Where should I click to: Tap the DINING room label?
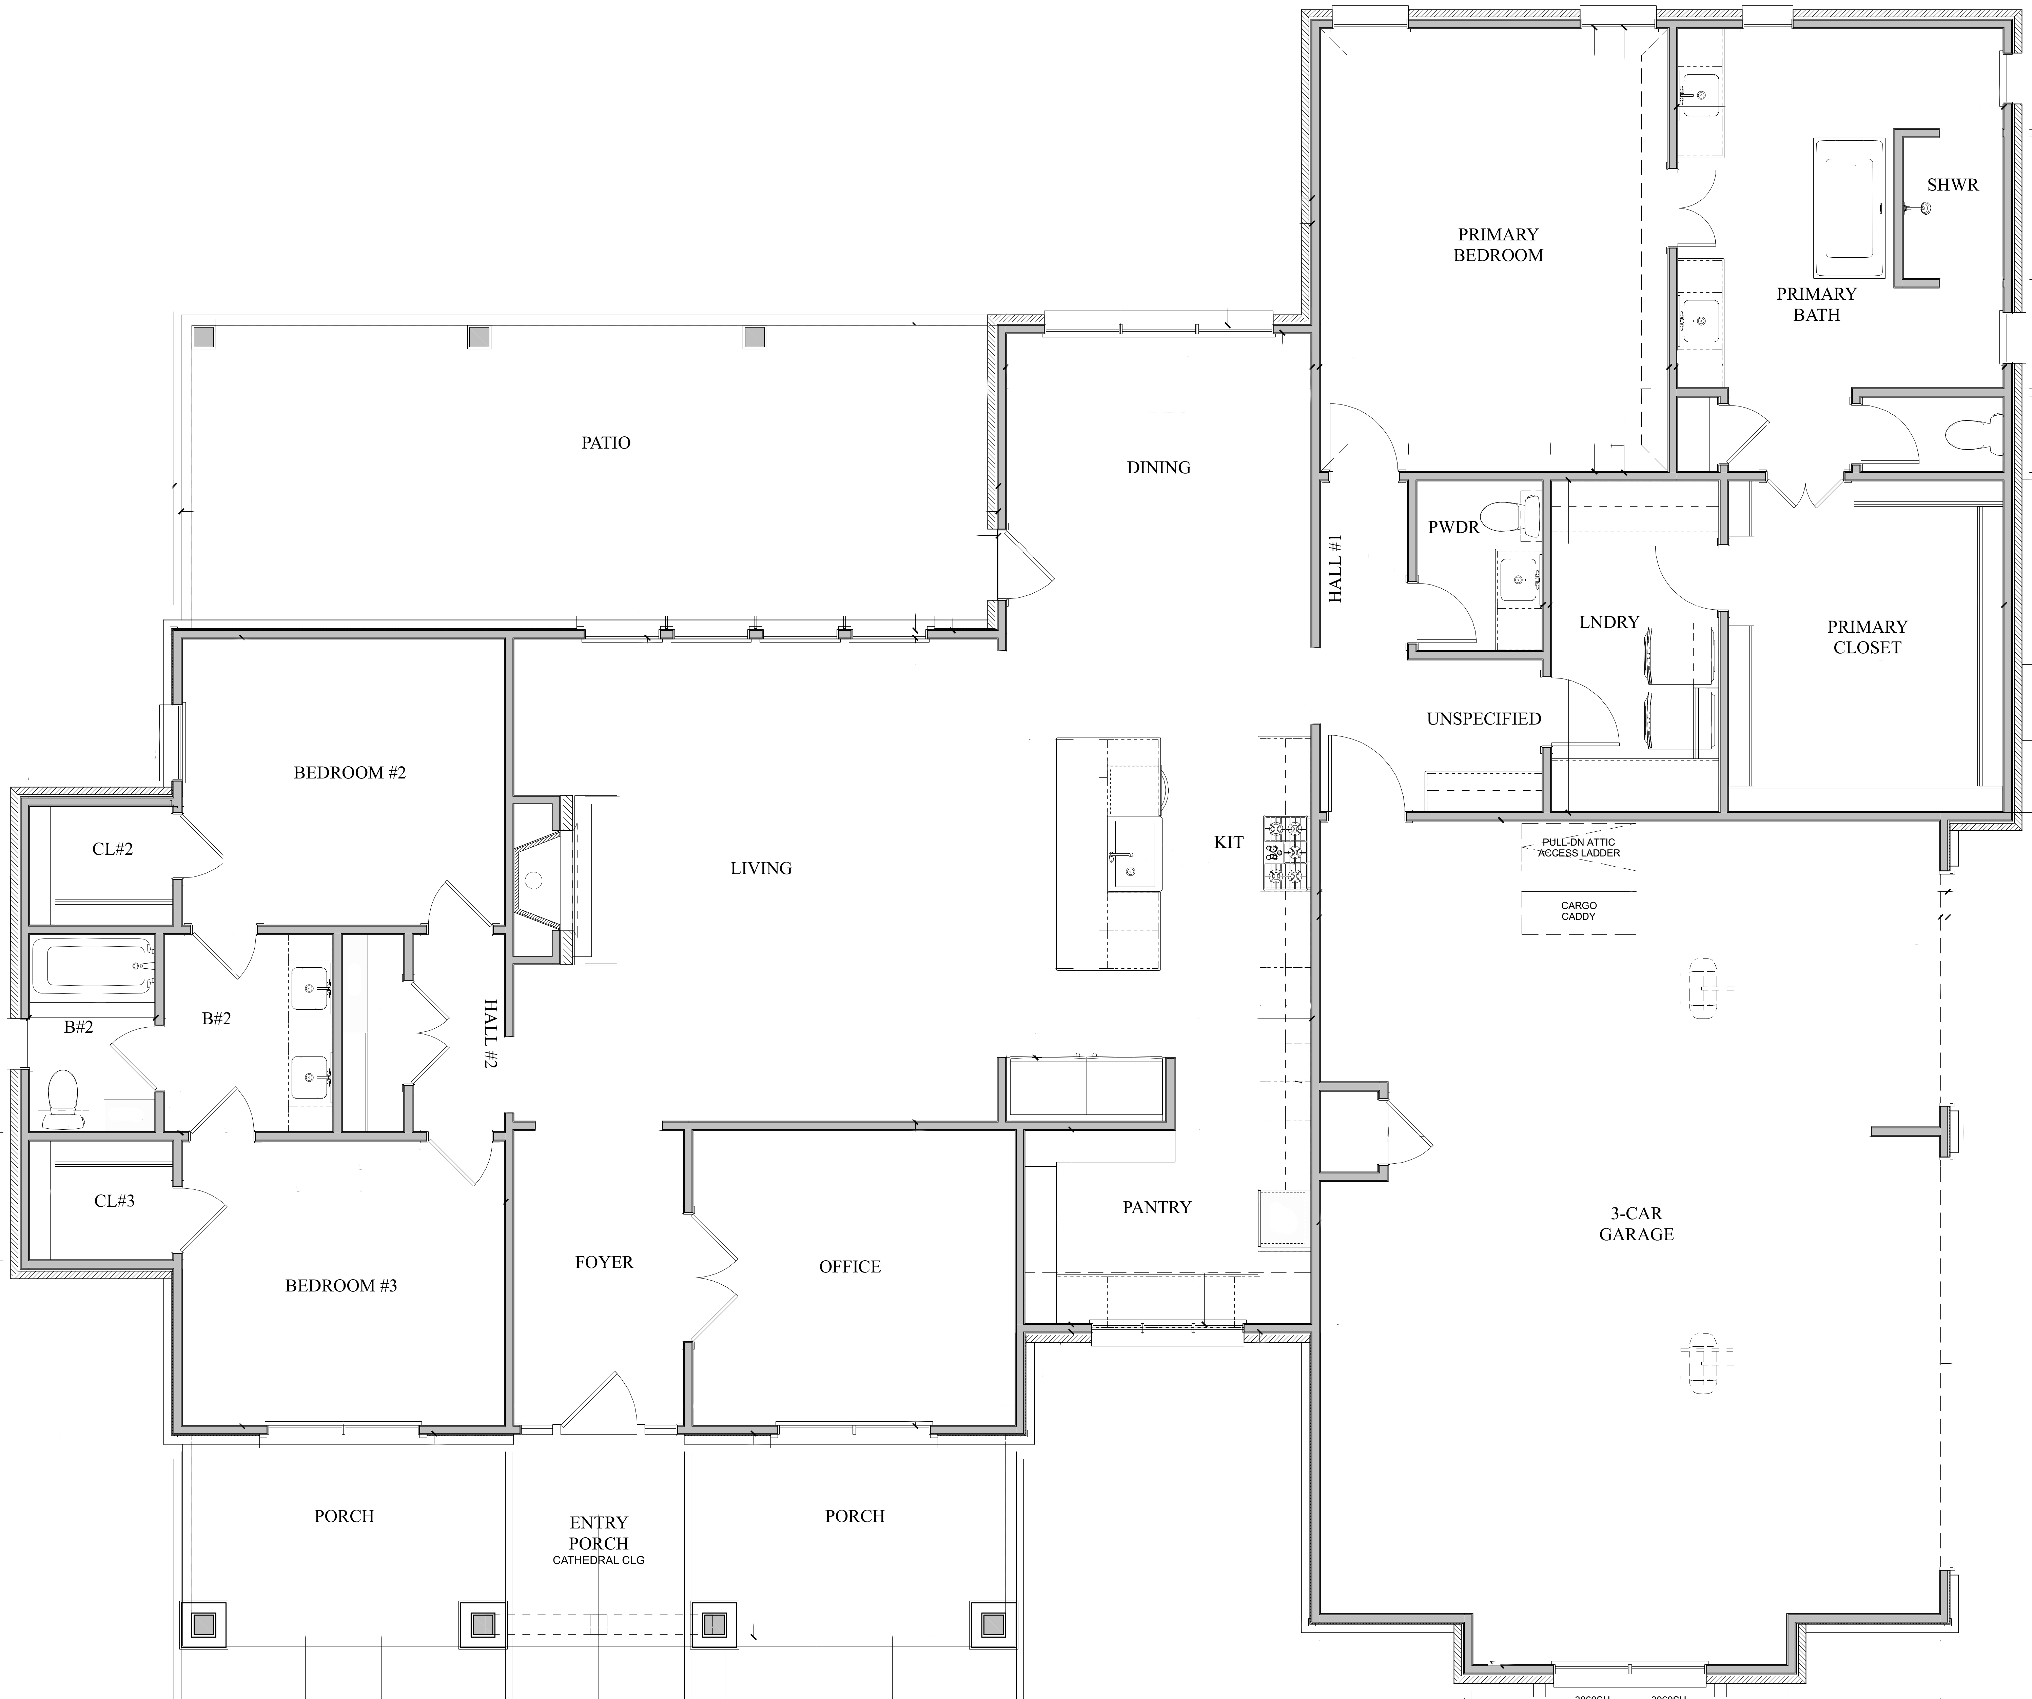(x=1158, y=467)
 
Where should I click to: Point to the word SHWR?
(x=1953, y=185)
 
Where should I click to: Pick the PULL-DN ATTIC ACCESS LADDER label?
(x=1579, y=848)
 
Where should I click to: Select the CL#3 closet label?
(x=114, y=1201)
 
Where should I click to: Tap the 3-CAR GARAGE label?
(x=1636, y=1224)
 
